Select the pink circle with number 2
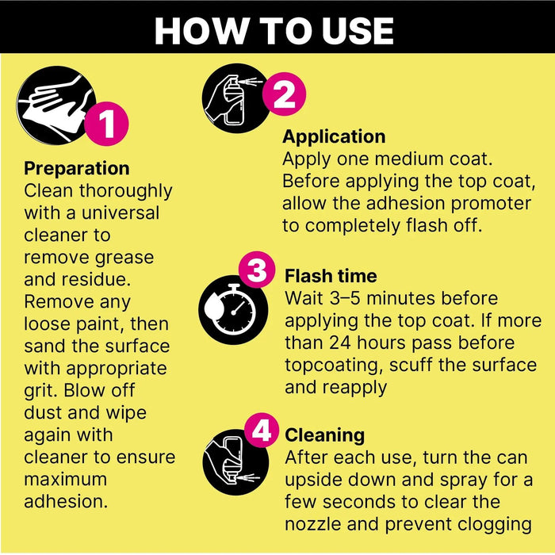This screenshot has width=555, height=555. [x=283, y=95]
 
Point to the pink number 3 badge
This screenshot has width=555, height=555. [x=256, y=271]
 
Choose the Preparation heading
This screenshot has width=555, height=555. [x=76, y=169]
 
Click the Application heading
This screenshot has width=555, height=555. [x=334, y=137]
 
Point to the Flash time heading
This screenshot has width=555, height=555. [x=331, y=276]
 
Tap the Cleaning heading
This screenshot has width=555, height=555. [x=324, y=435]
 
